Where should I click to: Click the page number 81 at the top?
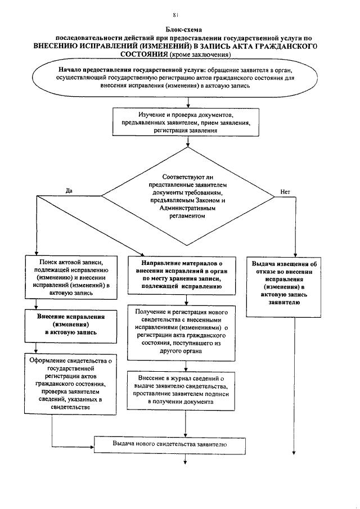tap(176, 15)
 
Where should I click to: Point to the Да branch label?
tap(69, 190)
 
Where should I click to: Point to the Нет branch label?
tap(285, 191)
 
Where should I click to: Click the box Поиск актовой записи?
tap(69, 277)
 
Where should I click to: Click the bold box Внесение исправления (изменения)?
tap(69, 325)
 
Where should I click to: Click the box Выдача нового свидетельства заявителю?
tap(169, 444)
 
